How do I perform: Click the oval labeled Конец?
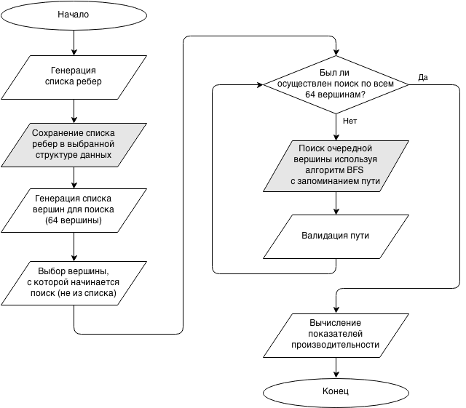[x=336, y=392]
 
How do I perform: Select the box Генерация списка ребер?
[x=73, y=76]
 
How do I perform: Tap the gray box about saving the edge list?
[x=73, y=144]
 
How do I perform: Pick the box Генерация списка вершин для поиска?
[x=73, y=209]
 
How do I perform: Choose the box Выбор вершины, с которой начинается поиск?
[x=73, y=282]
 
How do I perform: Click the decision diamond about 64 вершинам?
[x=336, y=84]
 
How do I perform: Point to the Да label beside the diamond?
[x=423, y=78]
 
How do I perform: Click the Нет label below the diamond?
[x=349, y=121]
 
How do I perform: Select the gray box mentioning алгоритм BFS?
[x=336, y=165]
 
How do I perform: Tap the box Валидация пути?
[x=336, y=236]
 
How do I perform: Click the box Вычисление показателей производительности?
[x=336, y=334]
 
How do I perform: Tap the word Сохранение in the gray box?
[x=54, y=133]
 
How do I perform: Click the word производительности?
[x=336, y=345]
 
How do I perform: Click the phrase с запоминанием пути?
[x=336, y=180]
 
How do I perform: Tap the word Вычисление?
[x=336, y=323]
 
